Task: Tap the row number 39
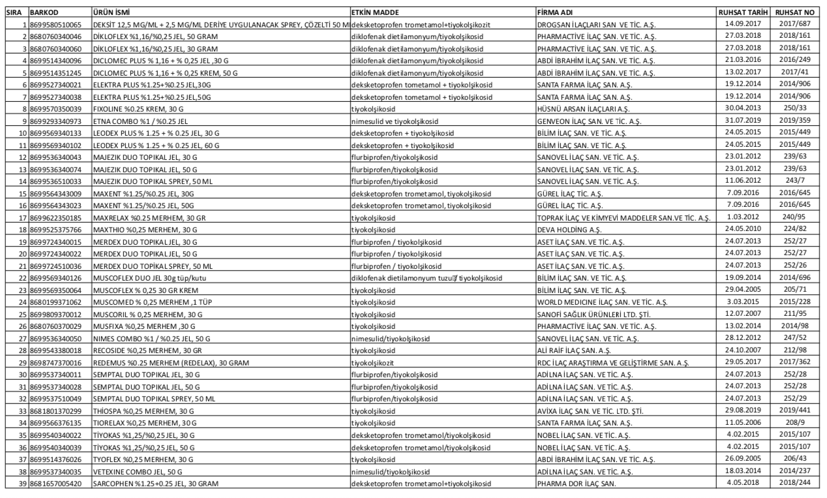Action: pyautogui.click(x=17, y=483)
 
